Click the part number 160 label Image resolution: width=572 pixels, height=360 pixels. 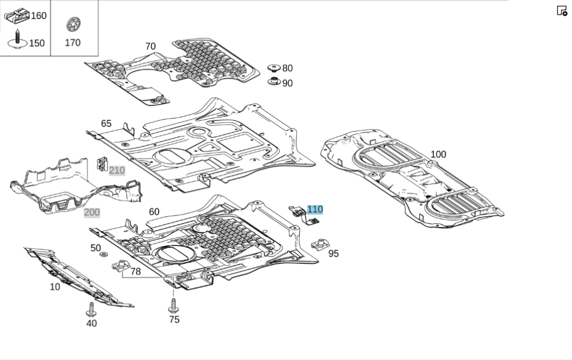tap(38, 15)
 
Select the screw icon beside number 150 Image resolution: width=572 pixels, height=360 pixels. tap(17, 39)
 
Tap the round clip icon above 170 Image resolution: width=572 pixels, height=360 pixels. tap(73, 24)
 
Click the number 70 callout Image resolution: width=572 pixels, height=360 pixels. tap(150, 46)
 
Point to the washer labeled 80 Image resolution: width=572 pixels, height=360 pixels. tap(274, 68)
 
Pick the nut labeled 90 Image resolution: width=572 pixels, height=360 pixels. tap(275, 81)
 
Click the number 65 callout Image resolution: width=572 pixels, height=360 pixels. tap(106, 124)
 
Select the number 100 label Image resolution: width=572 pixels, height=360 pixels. tap(438, 155)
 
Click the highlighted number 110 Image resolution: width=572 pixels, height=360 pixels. tap(315, 209)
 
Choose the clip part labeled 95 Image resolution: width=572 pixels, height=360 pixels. tap(321, 246)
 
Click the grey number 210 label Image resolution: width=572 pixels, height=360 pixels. tap(117, 171)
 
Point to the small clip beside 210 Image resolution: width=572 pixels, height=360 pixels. tap(102, 164)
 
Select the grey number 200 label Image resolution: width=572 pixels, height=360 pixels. tap(92, 212)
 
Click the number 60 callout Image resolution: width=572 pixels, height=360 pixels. tap(154, 212)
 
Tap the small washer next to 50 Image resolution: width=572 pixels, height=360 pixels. tap(104, 253)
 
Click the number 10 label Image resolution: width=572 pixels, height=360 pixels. tap(55, 287)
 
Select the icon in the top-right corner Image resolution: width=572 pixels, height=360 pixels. tap(562, 10)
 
